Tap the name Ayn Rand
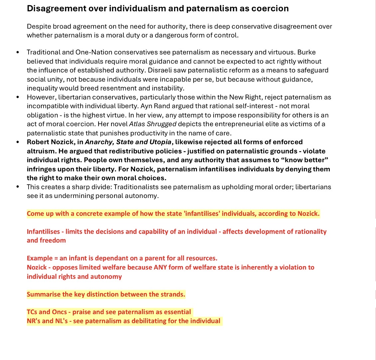pos(153,106)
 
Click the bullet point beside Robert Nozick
pos(18,142)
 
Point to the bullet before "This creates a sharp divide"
pos(18,187)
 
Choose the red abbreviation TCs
pos(32,312)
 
